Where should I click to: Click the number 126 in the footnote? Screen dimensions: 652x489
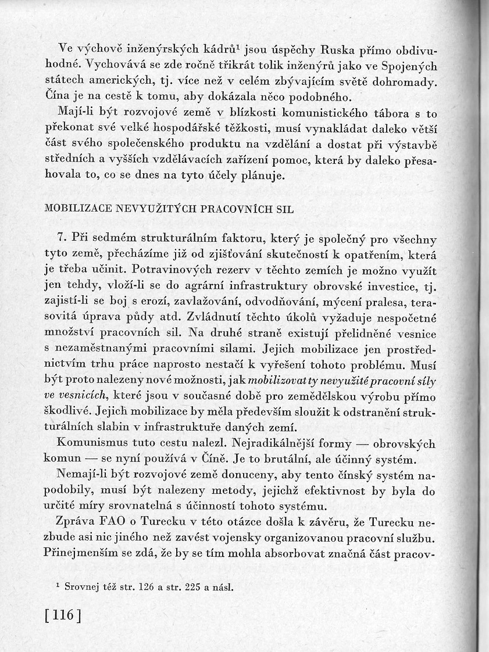coord(147,587)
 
